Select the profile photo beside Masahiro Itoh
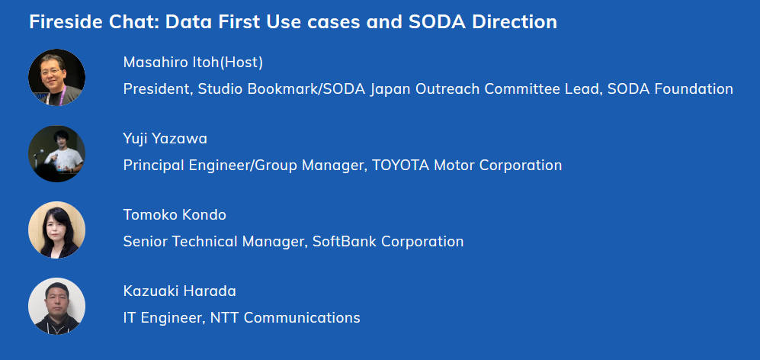click(56, 77)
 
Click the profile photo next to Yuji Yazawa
click(56, 154)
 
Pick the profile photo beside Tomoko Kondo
click(56, 230)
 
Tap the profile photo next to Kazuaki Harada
click(56, 306)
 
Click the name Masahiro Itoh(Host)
click(193, 63)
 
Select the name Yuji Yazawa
click(165, 140)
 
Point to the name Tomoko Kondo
click(175, 215)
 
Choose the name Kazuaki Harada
click(179, 291)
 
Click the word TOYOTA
click(400, 166)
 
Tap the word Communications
click(302, 318)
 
